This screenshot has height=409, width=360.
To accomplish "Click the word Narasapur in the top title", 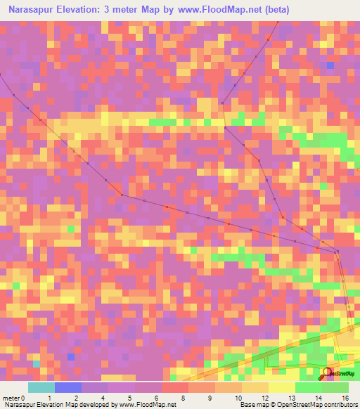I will pos(34,11).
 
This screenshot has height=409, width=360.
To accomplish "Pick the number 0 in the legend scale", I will pos(23,398).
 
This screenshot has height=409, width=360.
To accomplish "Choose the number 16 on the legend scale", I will pos(345,398).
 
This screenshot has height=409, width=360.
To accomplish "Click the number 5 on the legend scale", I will pos(129,398).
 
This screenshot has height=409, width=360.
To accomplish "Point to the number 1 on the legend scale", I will pos(49,398).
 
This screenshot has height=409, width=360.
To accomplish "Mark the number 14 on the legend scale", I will pos(308,398).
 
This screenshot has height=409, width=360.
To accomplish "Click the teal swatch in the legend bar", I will pos(41,387).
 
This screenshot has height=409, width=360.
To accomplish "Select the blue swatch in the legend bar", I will pos(68,387).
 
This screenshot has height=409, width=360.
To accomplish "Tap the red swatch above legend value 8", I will pos(174,387).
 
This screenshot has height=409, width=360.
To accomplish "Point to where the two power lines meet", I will pos(338,252).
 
